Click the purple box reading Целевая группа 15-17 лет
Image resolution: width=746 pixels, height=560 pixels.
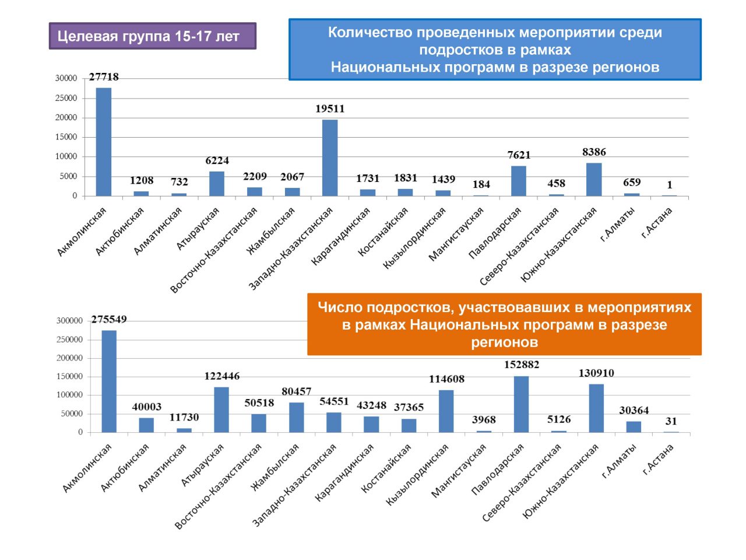152,36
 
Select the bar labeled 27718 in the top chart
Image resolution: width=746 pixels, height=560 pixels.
104,142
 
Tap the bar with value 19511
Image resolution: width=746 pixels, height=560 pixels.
330,157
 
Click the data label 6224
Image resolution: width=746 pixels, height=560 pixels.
217,160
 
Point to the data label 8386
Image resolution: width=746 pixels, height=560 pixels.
594,152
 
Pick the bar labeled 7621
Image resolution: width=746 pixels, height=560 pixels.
519,181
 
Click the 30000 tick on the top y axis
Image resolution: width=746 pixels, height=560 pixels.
66,78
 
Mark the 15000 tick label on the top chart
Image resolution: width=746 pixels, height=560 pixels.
66,137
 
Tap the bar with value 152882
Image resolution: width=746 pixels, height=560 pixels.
522,404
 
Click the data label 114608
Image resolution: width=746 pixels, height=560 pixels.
446,379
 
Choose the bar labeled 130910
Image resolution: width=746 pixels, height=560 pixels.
596,408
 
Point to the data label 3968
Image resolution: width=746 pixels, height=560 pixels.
484,420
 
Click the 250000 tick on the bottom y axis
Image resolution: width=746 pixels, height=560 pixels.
69,339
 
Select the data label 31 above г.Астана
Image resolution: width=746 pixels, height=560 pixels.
671,421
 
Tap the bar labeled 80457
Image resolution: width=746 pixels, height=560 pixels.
297,417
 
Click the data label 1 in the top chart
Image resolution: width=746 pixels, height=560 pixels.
670,185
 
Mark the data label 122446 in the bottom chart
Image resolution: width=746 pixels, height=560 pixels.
221,376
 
